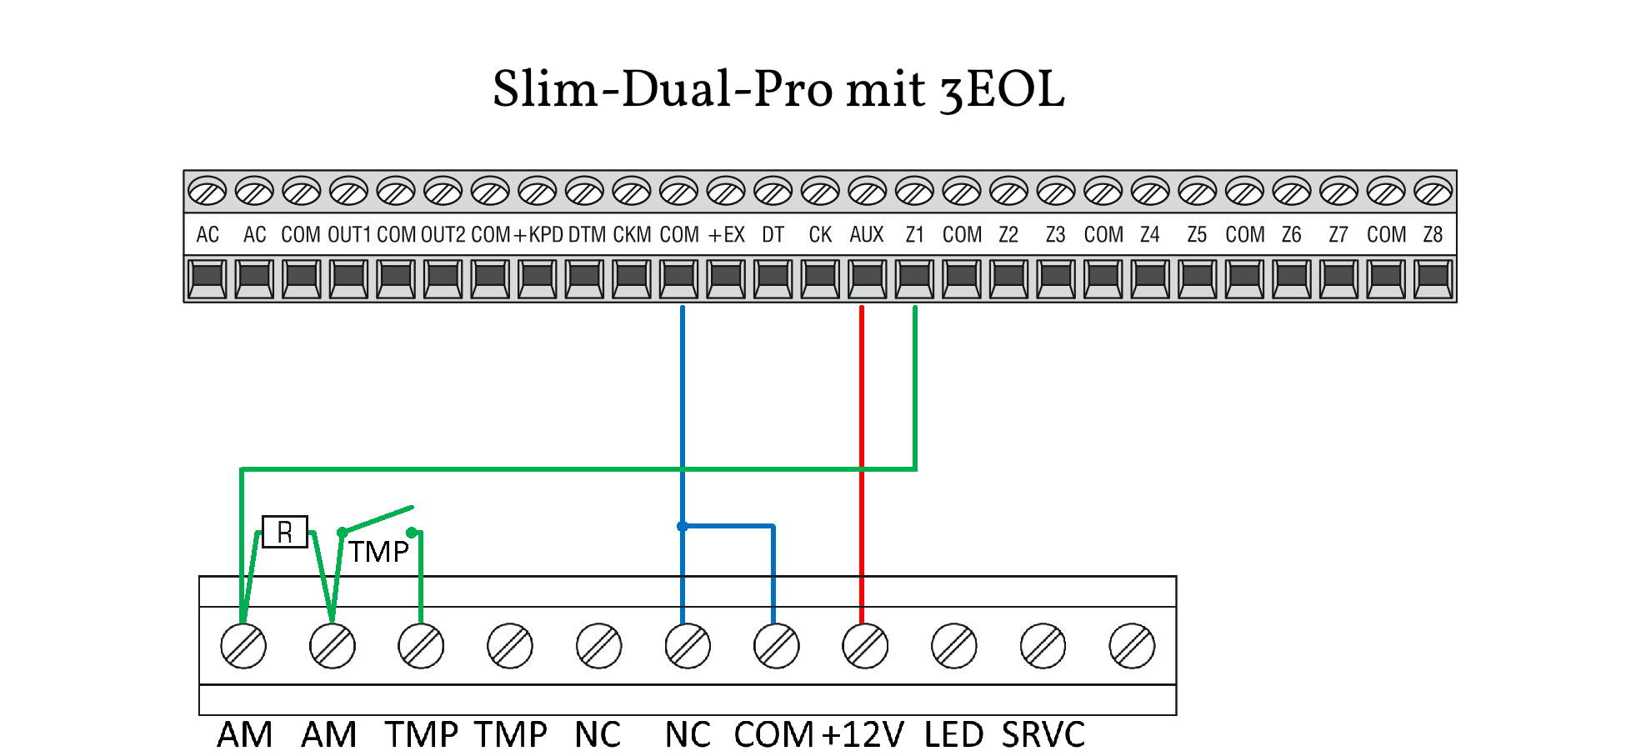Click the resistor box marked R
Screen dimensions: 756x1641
tap(285, 532)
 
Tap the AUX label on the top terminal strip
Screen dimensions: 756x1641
tap(867, 235)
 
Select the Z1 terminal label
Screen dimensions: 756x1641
tap(914, 235)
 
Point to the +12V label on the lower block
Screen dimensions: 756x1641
tap(863, 735)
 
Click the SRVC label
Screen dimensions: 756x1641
tap(1043, 735)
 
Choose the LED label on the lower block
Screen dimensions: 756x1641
tap(954, 735)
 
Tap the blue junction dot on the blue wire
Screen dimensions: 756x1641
tap(683, 526)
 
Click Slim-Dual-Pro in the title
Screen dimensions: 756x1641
tap(663, 90)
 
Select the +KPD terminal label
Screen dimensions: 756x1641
tap(538, 235)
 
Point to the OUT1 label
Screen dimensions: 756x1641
tap(349, 235)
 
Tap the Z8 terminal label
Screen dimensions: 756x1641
tap(1433, 235)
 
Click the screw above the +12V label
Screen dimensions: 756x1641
tap(865, 646)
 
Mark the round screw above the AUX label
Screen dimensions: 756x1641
tap(868, 192)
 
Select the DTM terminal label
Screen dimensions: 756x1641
tap(587, 235)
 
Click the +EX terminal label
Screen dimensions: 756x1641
tap(726, 235)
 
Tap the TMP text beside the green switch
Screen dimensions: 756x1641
tap(378, 552)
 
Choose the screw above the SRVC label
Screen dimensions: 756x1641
tap(1043, 646)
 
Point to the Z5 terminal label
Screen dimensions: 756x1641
tap(1197, 235)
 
